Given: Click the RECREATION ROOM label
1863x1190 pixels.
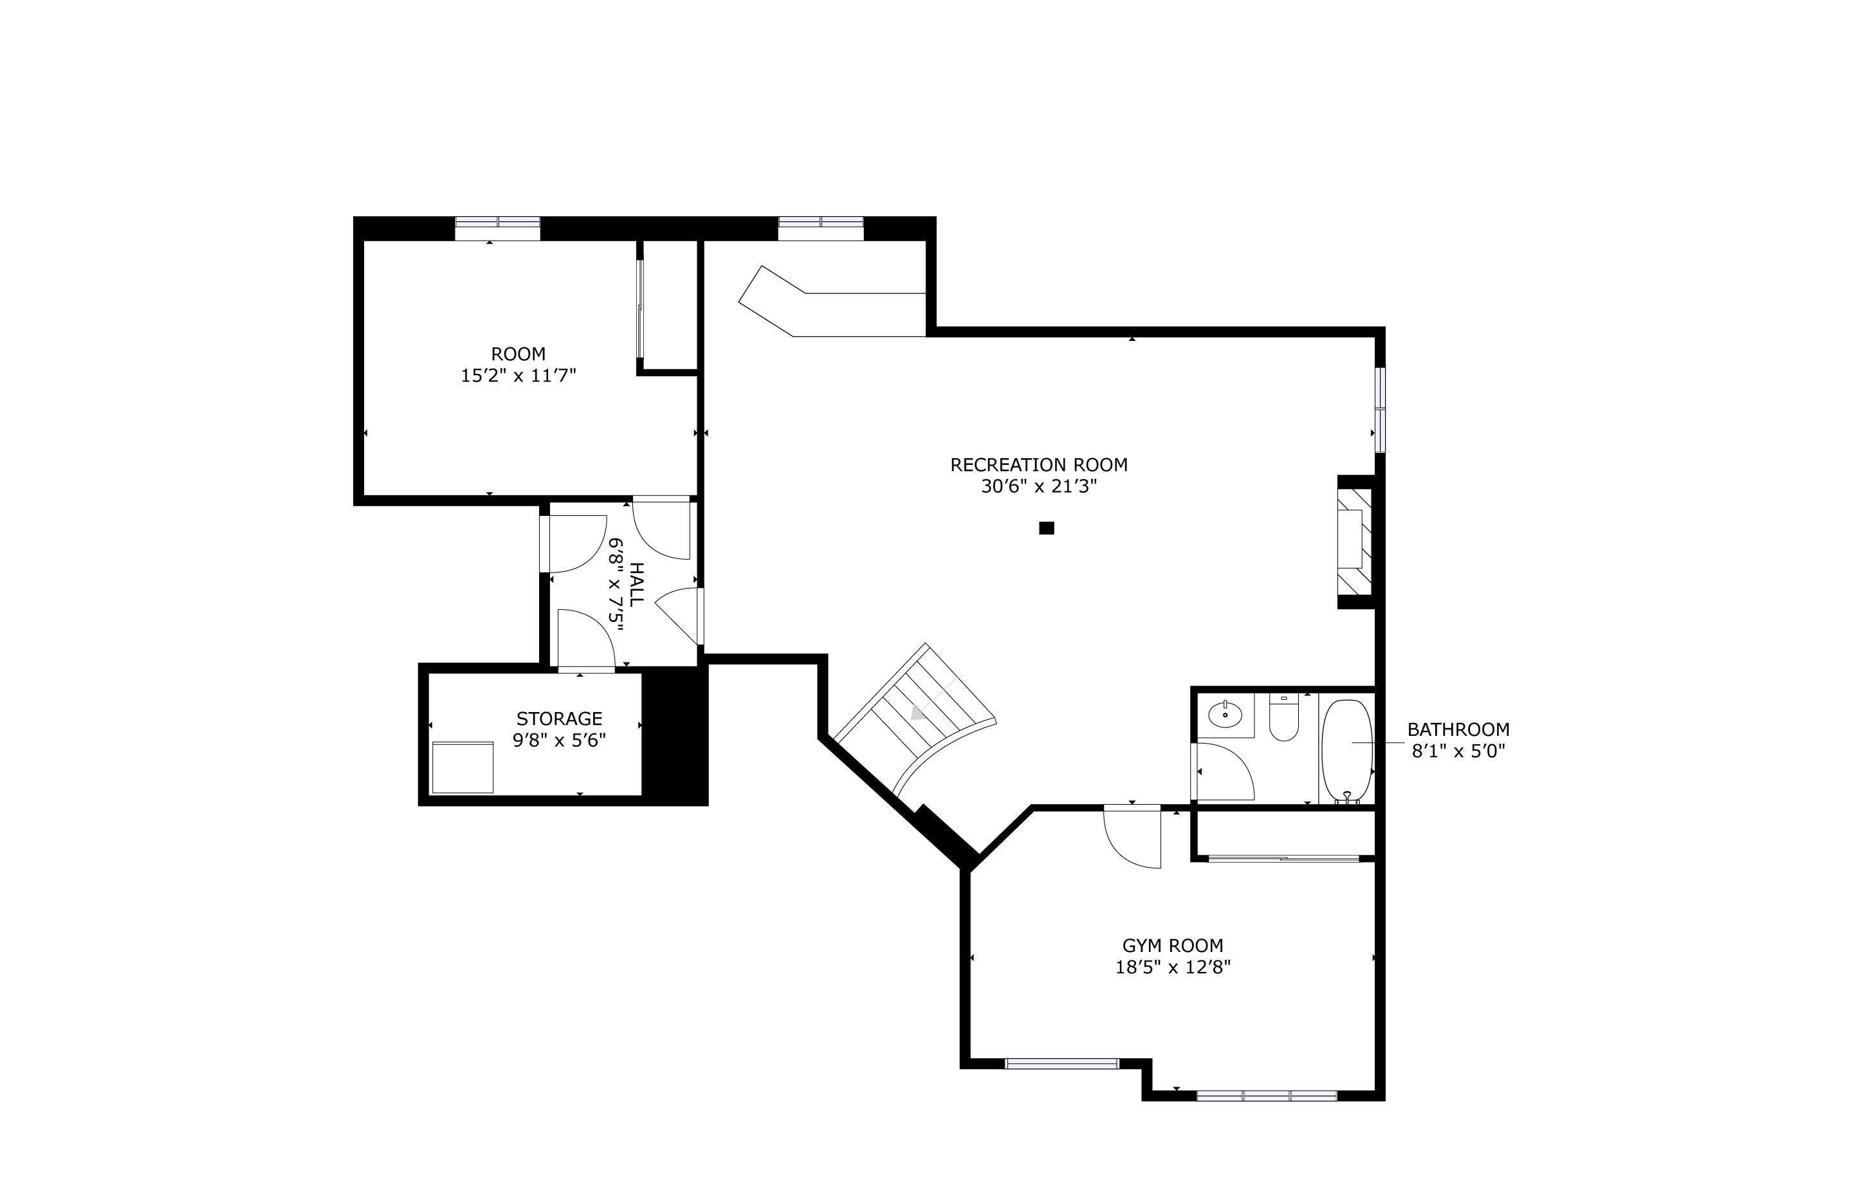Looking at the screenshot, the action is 1038,465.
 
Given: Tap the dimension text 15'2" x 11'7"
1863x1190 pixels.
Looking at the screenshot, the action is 519,376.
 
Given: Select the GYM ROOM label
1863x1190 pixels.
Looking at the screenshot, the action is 1173,946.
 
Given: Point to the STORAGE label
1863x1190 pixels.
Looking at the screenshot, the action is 560,719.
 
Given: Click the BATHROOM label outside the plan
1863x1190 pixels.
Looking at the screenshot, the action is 1458,729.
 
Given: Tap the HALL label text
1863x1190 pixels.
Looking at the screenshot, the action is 636,584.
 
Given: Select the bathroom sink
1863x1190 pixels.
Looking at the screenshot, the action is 1225,714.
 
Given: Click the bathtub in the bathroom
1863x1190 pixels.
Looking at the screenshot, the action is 1347,751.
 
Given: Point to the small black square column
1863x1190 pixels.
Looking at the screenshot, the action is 1046,529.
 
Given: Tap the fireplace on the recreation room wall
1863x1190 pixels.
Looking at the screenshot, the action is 1355,541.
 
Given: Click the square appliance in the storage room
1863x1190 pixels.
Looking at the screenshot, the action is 463,767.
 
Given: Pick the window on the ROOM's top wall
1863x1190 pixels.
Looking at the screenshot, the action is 497,228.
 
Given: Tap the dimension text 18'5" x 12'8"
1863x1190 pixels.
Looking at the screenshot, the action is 1173,967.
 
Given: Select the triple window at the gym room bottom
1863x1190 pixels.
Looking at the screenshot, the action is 1267,1095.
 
